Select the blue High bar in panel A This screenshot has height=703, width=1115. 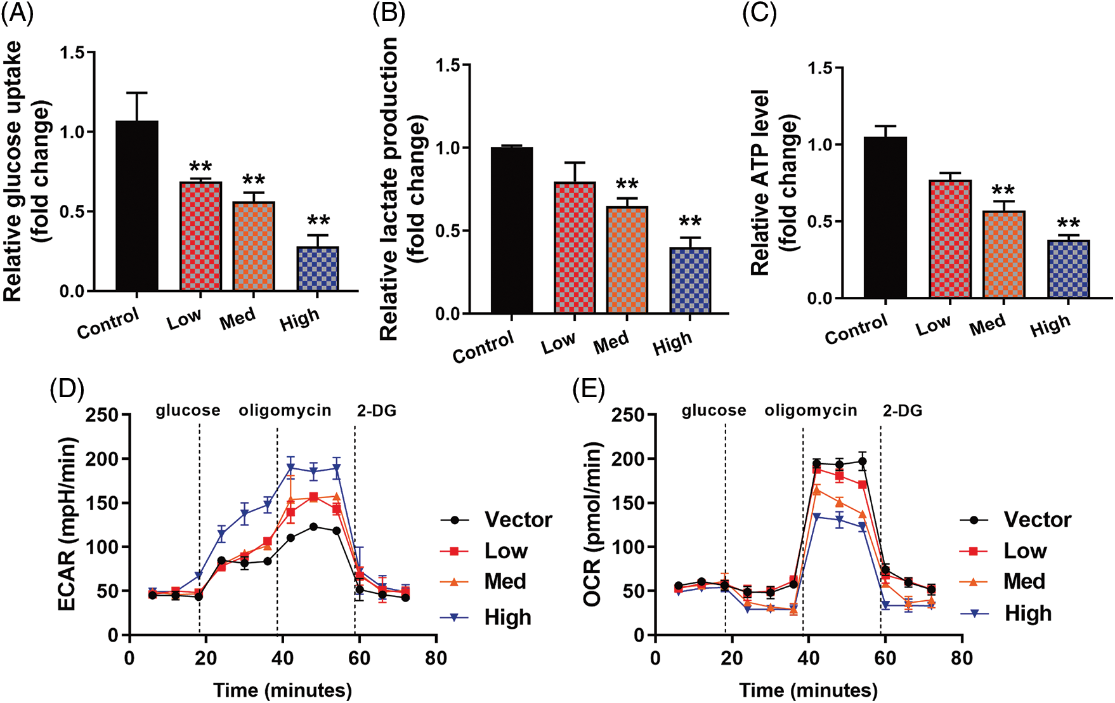[x=318, y=269]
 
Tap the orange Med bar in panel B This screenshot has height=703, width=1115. [x=627, y=260]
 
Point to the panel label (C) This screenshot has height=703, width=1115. [x=759, y=13]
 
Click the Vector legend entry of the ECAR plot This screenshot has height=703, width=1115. [x=518, y=520]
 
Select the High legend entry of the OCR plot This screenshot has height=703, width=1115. [x=1027, y=614]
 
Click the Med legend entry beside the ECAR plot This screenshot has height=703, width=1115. [x=505, y=581]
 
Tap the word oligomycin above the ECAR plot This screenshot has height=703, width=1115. [x=285, y=411]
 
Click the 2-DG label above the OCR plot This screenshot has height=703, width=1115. [x=903, y=411]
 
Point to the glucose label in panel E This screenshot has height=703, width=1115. [x=714, y=411]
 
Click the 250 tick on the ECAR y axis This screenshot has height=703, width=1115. [x=102, y=415]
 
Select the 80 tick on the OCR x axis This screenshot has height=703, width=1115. [x=962, y=658]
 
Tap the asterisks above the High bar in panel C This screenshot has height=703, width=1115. [x=1068, y=224]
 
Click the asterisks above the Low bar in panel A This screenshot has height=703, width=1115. [x=200, y=168]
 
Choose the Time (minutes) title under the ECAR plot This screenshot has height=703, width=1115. [x=282, y=690]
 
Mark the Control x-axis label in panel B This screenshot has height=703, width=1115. [x=483, y=347]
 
